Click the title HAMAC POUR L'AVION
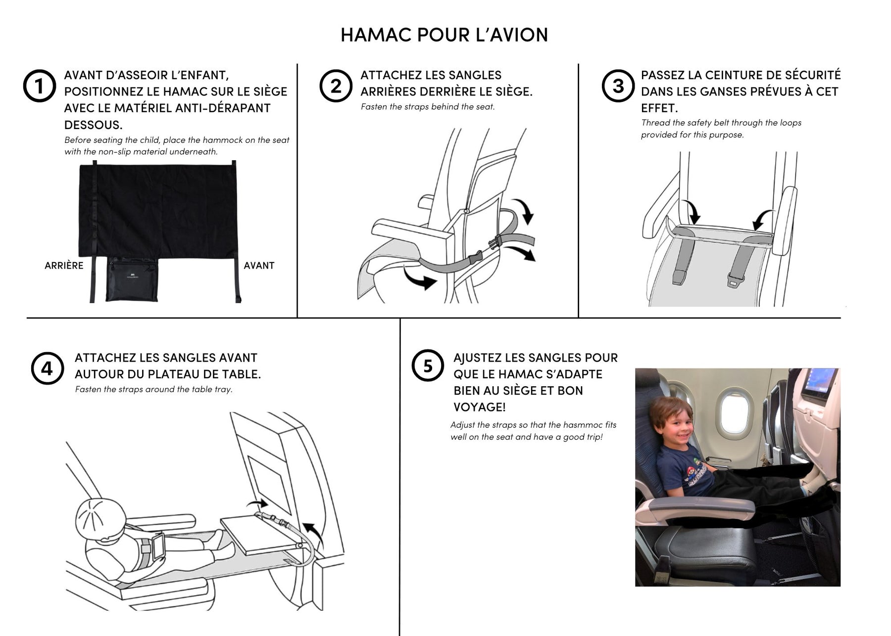[444, 35]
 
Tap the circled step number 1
[40, 86]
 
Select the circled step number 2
[336, 86]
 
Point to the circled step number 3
[618, 86]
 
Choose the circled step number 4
[47, 368]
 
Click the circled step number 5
[428, 366]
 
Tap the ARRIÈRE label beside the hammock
[64, 266]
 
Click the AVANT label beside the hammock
[259, 266]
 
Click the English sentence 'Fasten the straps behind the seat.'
[428, 106]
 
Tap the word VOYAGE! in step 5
[480, 407]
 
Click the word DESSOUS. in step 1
[93, 124]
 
